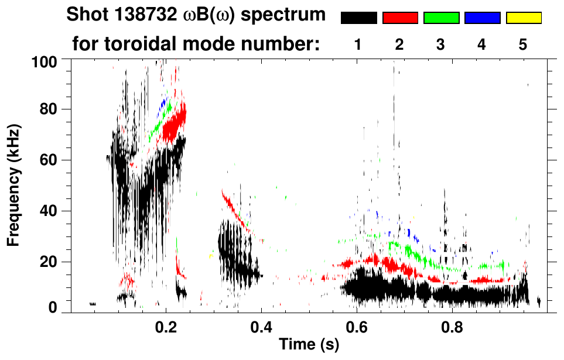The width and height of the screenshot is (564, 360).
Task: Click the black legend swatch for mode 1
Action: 358,18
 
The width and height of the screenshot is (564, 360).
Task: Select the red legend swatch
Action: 400,18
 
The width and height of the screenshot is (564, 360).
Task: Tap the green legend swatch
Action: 441,18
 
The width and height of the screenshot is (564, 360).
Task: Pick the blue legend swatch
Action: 482,18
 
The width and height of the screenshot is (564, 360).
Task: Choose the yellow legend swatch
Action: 524,18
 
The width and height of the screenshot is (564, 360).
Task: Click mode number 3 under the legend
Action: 441,44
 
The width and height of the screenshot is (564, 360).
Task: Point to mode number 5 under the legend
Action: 523,44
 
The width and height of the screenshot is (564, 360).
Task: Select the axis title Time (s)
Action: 309,345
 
